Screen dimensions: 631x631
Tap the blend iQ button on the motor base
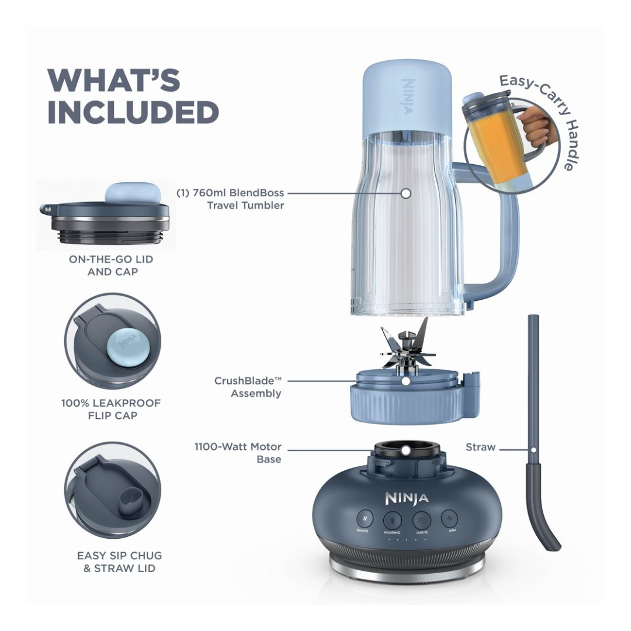tap(365, 519)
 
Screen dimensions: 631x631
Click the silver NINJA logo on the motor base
tap(407, 498)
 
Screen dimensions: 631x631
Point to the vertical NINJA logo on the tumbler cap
tap(408, 97)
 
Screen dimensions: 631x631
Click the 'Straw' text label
tap(480, 448)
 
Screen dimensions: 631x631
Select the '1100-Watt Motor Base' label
tap(238, 453)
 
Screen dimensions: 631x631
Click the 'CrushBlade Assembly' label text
tap(248, 387)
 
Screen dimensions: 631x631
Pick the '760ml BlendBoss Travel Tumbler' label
tap(230, 199)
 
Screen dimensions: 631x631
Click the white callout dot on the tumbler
tap(406, 193)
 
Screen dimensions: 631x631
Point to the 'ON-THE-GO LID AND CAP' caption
tap(111, 265)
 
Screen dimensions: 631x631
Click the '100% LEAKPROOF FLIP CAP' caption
tap(110, 409)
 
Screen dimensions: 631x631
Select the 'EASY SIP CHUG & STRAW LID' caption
tap(119, 561)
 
